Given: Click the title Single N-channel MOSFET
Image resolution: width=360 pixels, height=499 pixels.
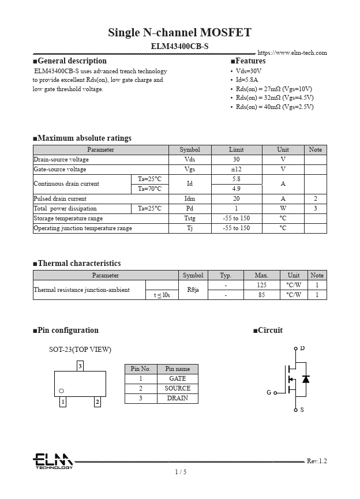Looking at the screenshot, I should [179, 32].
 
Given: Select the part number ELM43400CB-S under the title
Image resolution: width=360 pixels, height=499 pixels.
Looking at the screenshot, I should [179, 46].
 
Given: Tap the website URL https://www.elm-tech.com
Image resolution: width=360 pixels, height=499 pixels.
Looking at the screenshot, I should [292, 53].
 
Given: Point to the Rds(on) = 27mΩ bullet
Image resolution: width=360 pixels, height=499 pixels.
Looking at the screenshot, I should [274, 89].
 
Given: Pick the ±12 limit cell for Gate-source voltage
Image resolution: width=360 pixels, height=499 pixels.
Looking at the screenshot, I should [236, 170].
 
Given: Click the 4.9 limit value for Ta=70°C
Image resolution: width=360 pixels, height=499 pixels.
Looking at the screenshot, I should [236, 189].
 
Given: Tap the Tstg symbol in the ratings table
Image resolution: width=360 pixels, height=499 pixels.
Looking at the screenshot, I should [190, 219].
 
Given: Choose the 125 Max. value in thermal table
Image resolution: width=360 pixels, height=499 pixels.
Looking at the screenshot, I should [261, 286].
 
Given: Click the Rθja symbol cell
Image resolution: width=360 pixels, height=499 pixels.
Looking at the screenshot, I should [193, 290].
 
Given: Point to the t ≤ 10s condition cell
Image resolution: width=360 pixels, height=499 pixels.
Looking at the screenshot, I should [162, 295].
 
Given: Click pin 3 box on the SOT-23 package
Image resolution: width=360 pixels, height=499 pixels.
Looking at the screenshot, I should [80, 366].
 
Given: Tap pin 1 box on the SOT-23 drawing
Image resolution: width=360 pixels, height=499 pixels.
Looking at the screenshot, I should [63, 402].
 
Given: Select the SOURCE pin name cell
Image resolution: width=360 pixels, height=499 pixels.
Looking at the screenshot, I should [177, 389].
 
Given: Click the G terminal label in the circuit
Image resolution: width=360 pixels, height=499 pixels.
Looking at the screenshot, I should [269, 393].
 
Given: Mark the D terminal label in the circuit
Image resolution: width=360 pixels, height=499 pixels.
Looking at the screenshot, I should [302, 348].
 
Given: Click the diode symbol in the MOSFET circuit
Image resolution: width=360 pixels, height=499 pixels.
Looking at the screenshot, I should [306, 379].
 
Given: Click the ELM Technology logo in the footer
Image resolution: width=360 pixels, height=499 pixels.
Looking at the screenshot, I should [52, 461].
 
